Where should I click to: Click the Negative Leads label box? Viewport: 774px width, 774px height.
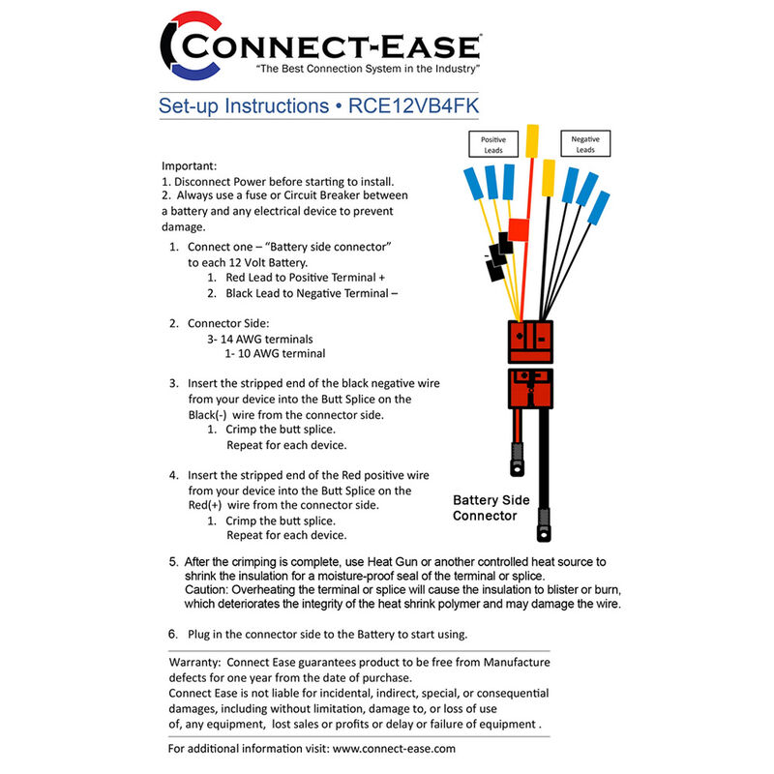584,144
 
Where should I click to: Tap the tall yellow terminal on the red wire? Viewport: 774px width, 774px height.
532,139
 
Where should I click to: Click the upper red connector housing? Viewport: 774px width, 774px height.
531,340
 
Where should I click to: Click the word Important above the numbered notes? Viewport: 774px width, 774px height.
190,166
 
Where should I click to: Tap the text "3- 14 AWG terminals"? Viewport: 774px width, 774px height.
259,340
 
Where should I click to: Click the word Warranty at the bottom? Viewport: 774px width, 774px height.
196,662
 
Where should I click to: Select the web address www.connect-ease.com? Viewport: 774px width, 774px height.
393,748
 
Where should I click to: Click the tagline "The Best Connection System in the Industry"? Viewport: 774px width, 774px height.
367,71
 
